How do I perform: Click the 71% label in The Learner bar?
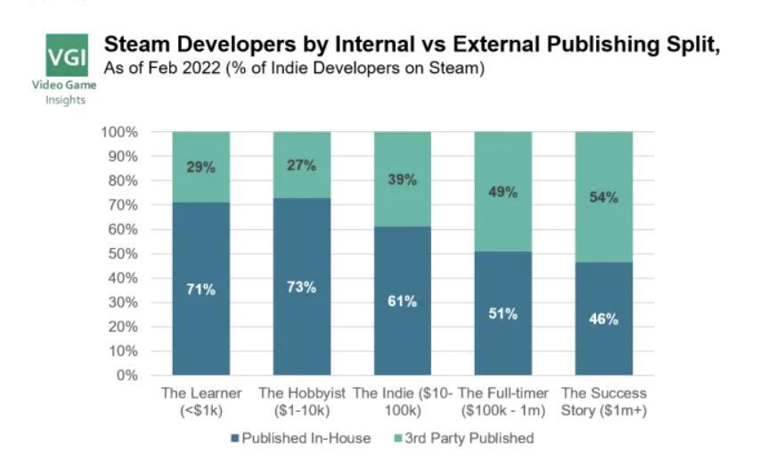201,290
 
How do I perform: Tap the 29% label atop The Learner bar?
201,168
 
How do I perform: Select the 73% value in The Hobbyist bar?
302,287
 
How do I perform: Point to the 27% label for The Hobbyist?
302,165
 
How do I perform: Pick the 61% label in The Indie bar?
403,301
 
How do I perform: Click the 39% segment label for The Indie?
403,179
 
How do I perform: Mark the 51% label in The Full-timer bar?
503,314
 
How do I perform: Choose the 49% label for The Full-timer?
503,192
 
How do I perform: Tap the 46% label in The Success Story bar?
604,319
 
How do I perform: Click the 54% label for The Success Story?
604,198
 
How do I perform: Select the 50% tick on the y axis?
124,254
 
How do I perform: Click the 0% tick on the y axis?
127,375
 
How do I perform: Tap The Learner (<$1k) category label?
201,400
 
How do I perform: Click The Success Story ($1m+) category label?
604,400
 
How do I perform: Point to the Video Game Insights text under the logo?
66,92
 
